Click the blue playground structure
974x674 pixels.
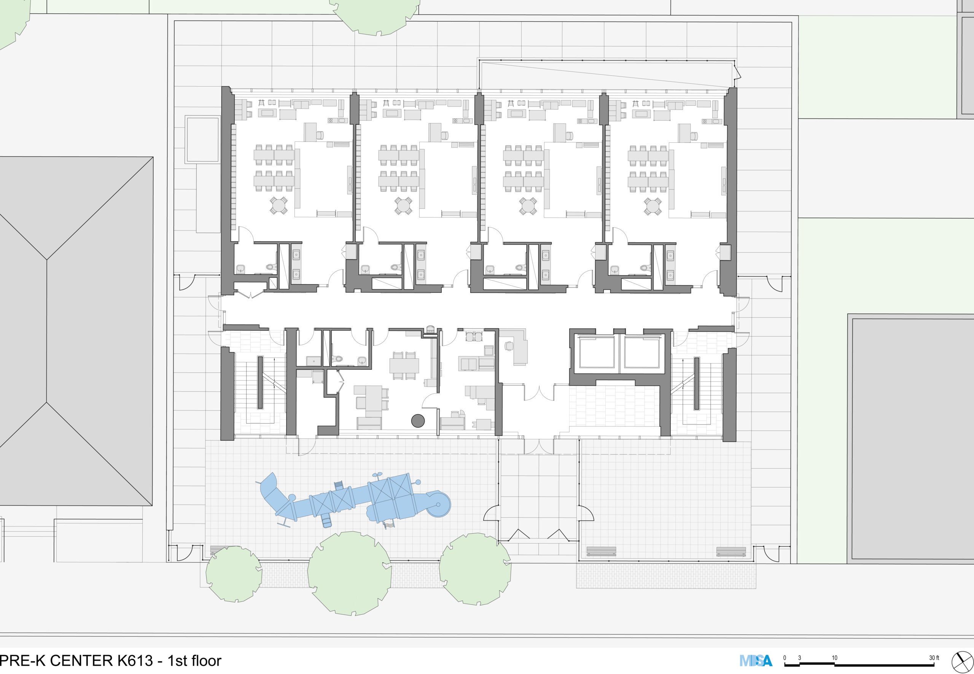tap(355, 501)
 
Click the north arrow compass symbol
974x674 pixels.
tap(962, 661)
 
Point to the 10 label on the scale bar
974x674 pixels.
tap(835, 658)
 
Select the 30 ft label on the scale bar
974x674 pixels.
tap(934, 658)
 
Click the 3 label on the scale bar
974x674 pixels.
tap(800, 658)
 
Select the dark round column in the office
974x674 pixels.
tap(418, 421)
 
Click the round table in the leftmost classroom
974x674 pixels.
tap(279, 206)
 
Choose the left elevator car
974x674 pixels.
tap(597, 352)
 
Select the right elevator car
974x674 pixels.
tap(641, 352)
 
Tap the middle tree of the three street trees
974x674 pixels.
tap(349, 573)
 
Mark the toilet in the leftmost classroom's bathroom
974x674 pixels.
tap(271, 267)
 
